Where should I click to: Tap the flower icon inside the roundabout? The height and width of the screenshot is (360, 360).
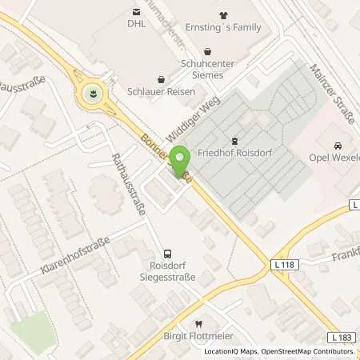pyautogui.click(x=94, y=94)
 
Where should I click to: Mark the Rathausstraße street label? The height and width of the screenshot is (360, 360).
pyautogui.click(x=129, y=185)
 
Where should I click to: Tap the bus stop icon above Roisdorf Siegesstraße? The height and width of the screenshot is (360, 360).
pyautogui.click(x=166, y=252)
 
